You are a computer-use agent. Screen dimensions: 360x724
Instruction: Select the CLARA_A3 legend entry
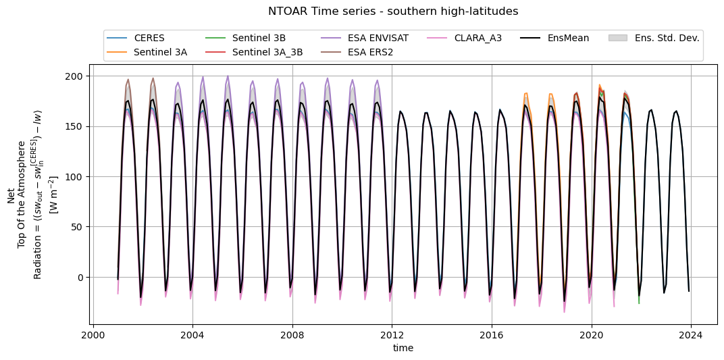pyautogui.click(x=477, y=38)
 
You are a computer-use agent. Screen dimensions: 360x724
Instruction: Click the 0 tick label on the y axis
pyautogui.click(x=81, y=278)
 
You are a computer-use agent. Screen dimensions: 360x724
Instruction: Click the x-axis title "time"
pyautogui.click(x=403, y=348)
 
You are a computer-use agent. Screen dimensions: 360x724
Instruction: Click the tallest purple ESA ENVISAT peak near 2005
pyautogui.click(x=228, y=76)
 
